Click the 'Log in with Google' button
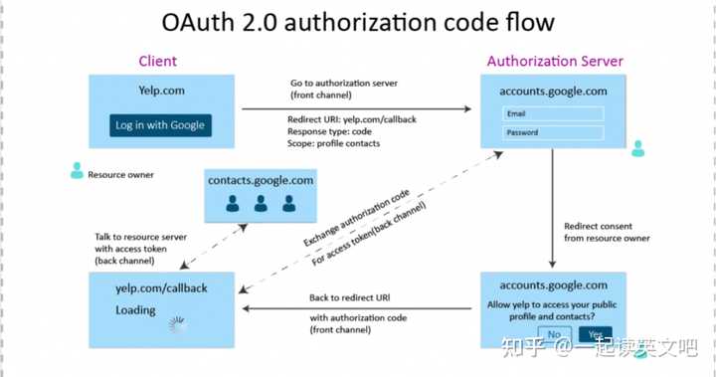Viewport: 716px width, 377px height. pos(160,125)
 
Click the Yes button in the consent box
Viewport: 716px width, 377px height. pos(595,334)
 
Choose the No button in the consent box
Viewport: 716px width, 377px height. pos(554,334)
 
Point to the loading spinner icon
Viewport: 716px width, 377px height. pos(178,324)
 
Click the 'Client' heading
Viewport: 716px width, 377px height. pos(157,62)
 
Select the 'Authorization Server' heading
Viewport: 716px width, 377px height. pos(555,62)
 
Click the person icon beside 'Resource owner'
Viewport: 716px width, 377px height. pos(77,171)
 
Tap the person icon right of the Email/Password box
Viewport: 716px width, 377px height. pos(637,148)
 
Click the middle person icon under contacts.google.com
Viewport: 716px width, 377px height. pos(261,204)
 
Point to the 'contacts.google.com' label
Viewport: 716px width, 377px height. pos(261,180)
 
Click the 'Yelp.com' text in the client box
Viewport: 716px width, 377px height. pos(161,91)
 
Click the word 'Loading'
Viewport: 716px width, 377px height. pos(135,309)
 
